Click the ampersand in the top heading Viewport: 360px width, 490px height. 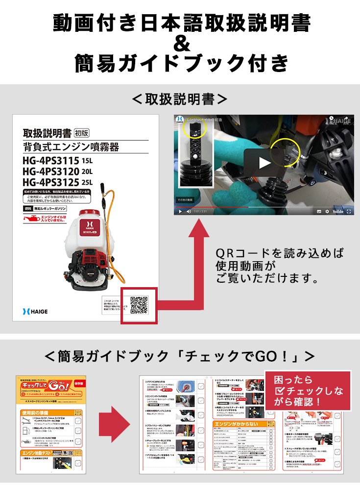point(181,44)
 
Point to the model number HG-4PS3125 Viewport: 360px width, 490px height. point(51,183)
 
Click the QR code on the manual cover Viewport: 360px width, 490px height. point(139,305)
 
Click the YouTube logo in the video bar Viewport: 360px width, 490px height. point(337,211)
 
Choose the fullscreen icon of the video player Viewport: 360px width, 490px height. point(349,211)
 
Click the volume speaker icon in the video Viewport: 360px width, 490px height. point(189,211)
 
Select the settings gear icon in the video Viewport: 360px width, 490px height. point(327,211)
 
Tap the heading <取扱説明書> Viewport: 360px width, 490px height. point(180,99)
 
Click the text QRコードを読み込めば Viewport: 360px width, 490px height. point(280,253)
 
